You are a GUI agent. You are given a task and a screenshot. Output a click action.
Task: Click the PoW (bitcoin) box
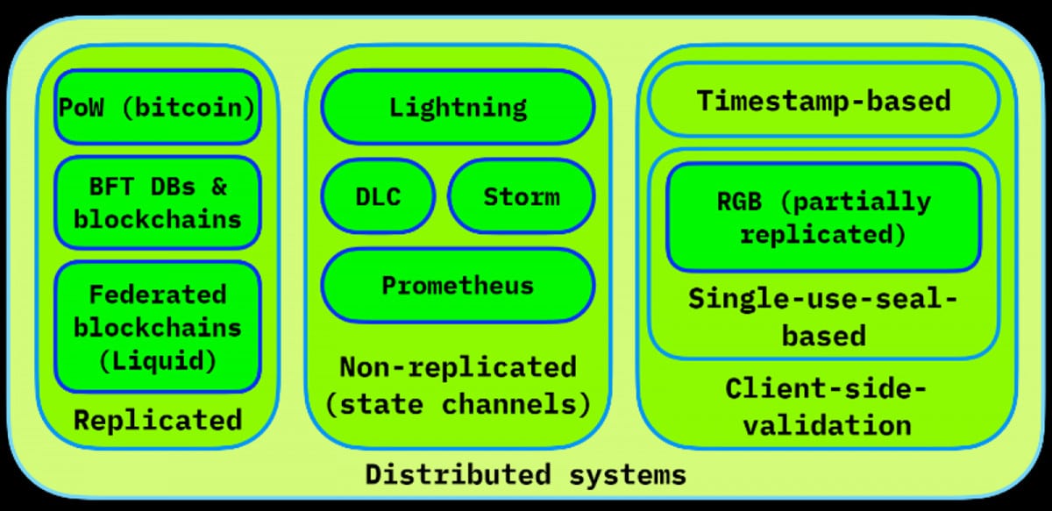pos(157,108)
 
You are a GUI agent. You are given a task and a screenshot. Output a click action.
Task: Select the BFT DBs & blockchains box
pos(157,202)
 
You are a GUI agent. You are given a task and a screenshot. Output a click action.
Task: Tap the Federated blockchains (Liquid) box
pos(157,327)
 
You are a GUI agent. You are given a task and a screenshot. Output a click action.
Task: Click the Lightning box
pos(457,107)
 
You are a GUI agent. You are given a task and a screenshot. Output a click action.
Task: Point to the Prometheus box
pos(457,286)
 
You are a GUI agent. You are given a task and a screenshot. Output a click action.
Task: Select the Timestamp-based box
pos(823,100)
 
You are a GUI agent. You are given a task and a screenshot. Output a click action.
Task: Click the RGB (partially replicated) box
pos(823,217)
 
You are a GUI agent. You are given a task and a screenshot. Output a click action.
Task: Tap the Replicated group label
pos(157,420)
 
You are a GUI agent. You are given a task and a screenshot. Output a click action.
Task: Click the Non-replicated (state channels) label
pos(457,385)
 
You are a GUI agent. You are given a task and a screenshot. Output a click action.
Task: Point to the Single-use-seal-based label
pos(823,316)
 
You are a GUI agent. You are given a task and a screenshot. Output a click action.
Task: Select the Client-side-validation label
pos(823,406)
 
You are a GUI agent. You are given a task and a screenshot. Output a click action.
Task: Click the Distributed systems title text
pos(525,475)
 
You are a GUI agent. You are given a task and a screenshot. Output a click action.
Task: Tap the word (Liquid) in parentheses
pos(157,359)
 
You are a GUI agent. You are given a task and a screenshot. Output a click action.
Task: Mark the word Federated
pos(157,294)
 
